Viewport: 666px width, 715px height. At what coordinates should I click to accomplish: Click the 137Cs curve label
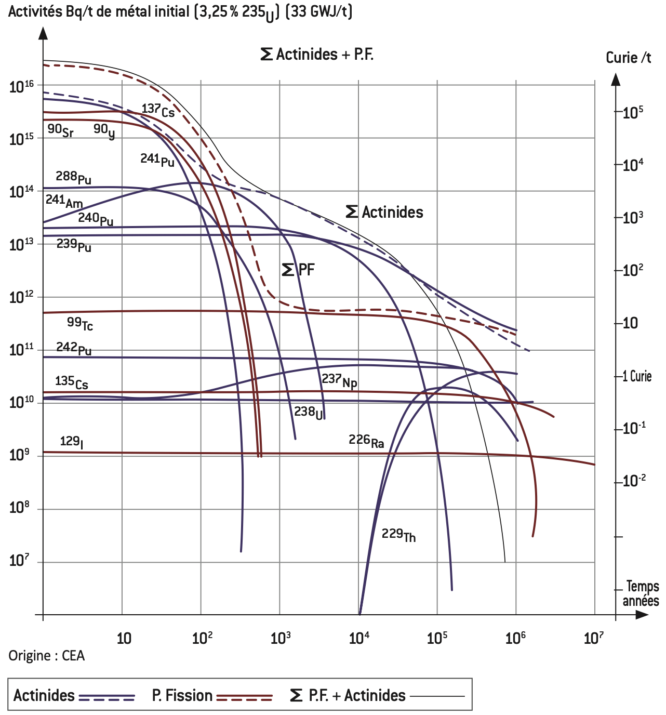158,110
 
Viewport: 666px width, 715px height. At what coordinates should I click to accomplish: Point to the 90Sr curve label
60,130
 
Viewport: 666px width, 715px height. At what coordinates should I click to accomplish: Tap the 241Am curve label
63,201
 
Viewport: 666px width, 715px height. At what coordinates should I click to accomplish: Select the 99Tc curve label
79,324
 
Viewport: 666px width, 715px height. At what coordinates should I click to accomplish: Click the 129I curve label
71,442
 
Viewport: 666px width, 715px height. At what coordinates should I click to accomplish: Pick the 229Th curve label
398,535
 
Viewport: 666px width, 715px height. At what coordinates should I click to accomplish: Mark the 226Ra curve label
366,441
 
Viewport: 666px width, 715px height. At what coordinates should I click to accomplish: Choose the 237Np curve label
339,380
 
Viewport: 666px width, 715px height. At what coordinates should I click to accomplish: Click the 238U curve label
309,413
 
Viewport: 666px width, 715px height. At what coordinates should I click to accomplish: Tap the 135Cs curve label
71,382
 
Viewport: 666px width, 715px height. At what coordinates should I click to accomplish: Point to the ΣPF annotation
298,270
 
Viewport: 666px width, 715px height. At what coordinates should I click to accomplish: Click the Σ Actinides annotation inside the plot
384,212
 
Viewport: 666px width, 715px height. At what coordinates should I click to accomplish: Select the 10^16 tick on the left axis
21,86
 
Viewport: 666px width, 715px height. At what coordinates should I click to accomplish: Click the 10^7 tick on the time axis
593,637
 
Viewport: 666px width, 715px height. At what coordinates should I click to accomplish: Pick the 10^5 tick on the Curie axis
632,112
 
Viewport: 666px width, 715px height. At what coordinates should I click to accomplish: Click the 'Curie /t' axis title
628,58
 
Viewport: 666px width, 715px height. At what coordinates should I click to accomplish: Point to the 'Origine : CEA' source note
46,656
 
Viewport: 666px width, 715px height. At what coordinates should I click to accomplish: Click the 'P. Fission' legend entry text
182,695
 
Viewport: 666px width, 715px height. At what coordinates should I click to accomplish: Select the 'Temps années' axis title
641,593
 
